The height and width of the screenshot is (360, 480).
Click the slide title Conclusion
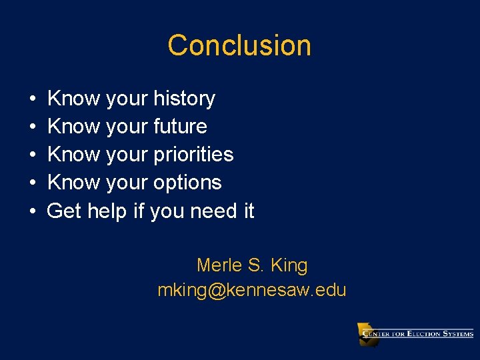(x=239, y=45)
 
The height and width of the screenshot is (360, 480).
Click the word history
(x=184, y=99)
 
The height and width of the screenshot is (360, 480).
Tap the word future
(x=180, y=127)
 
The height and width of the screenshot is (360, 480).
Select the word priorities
(x=193, y=155)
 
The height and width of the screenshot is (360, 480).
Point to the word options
(x=187, y=183)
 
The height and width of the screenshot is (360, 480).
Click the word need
(x=213, y=211)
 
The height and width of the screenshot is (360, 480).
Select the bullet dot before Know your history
(x=33, y=99)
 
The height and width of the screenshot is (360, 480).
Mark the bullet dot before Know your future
(x=33, y=127)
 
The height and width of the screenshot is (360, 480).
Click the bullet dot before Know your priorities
(x=33, y=155)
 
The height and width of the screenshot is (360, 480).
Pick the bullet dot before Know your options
(x=33, y=183)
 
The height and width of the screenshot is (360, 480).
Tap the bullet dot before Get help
(x=33, y=211)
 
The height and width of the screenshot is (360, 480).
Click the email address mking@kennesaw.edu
(x=252, y=290)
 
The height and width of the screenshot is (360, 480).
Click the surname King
(x=289, y=265)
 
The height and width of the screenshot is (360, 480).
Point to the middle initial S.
(x=256, y=265)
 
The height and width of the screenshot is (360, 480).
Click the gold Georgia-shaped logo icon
(x=367, y=334)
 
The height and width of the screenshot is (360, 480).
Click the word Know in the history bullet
(x=74, y=99)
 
